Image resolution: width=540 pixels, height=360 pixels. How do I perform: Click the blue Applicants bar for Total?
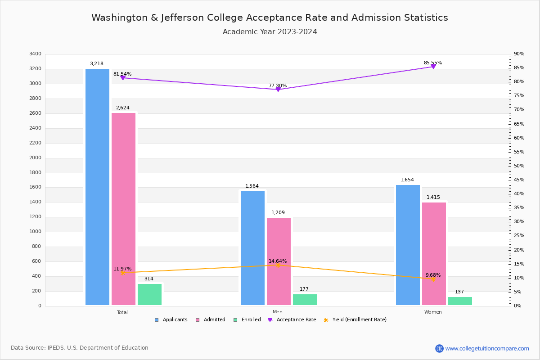[97, 187]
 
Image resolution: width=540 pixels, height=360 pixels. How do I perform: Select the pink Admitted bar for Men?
[279, 261]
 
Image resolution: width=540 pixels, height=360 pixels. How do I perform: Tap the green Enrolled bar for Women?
[460, 301]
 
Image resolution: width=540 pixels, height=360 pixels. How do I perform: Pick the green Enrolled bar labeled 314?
[149, 294]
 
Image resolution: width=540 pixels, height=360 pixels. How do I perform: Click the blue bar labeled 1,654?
[408, 245]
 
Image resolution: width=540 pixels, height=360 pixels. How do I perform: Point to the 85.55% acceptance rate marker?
[433, 66]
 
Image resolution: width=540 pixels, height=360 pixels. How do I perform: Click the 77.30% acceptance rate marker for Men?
[278, 89]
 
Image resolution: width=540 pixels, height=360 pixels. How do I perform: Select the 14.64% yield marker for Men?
[278, 265]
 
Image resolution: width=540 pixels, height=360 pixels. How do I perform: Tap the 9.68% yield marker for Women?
[433, 279]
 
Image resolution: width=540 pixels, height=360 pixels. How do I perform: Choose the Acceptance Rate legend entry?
[292, 320]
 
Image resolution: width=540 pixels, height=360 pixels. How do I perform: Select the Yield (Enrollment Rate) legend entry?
[355, 320]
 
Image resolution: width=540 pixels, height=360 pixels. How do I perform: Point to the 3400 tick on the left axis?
[35, 54]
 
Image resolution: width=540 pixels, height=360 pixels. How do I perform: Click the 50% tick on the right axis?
[519, 166]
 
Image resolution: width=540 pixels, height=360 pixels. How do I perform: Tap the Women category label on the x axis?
[433, 312]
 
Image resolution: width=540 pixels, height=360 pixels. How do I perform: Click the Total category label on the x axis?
[122, 312]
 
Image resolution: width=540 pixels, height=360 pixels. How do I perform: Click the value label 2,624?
[122, 108]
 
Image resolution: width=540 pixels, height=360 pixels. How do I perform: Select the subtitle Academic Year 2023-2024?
[270, 32]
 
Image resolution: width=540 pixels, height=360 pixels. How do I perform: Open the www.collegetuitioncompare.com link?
[487, 348]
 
